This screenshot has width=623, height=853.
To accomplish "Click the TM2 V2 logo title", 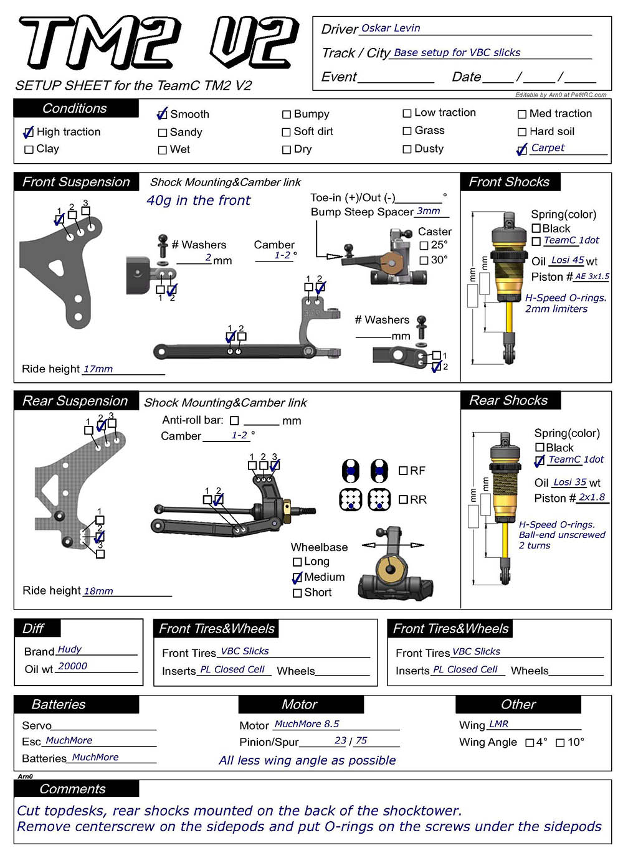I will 159,42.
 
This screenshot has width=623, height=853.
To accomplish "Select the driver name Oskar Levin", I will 391,28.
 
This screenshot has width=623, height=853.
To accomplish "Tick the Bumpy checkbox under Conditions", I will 287,115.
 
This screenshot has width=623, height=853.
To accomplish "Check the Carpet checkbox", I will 522,149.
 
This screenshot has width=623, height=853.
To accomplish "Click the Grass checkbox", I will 407,131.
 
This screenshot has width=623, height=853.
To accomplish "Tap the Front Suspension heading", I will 76,182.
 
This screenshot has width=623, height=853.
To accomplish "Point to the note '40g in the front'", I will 198,200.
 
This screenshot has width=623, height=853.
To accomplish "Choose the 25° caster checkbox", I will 424,245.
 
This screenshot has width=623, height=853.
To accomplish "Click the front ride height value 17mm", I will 98,369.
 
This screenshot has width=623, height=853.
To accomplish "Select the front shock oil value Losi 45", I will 568,260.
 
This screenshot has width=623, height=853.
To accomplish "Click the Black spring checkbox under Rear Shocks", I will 540,448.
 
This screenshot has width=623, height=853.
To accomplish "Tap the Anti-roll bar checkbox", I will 234,421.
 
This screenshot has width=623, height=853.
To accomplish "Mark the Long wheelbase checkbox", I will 297,562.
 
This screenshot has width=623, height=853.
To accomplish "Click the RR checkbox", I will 403,499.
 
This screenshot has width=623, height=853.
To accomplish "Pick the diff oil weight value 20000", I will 72,666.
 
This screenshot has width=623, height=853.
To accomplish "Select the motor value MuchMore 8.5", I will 307,724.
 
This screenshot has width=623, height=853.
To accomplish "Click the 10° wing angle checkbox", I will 560,743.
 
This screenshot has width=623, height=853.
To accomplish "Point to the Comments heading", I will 72,789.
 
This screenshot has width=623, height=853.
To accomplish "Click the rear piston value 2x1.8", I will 591,497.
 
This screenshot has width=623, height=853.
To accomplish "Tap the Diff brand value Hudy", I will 69,649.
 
